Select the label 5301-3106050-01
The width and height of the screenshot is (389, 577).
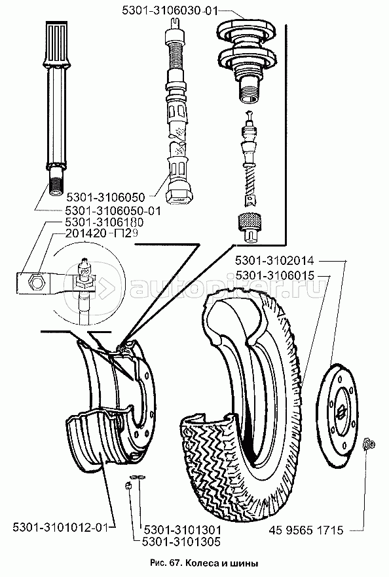113,211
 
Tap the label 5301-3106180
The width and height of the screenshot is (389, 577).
104,223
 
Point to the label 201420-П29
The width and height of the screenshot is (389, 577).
101,233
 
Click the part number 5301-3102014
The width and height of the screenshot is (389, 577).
274,261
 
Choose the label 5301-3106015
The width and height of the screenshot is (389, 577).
274,275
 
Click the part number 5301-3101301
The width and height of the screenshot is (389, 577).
183,530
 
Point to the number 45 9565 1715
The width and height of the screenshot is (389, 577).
306,530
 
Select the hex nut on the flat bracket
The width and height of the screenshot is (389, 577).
37,282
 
